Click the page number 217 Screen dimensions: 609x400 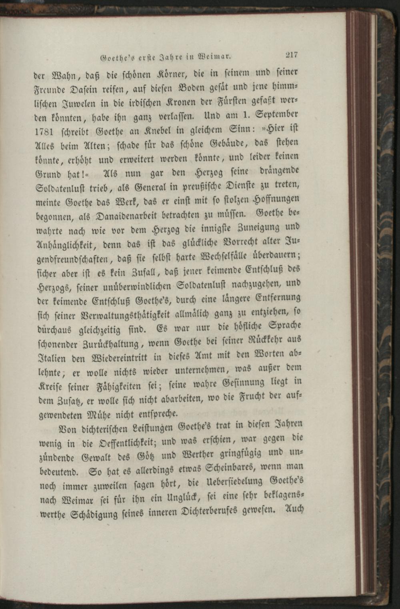(x=291, y=54)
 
